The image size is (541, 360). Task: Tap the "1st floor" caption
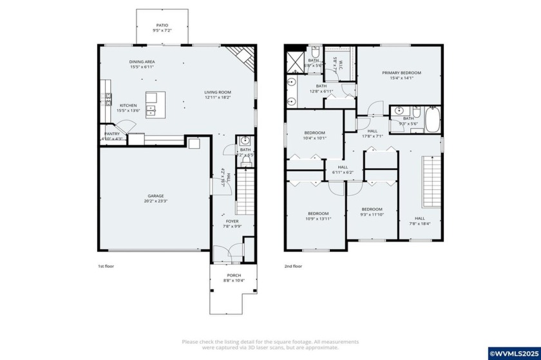pos(105,265)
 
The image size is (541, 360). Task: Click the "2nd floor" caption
pos(293,265)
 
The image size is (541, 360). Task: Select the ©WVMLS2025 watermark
pos(513,353)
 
